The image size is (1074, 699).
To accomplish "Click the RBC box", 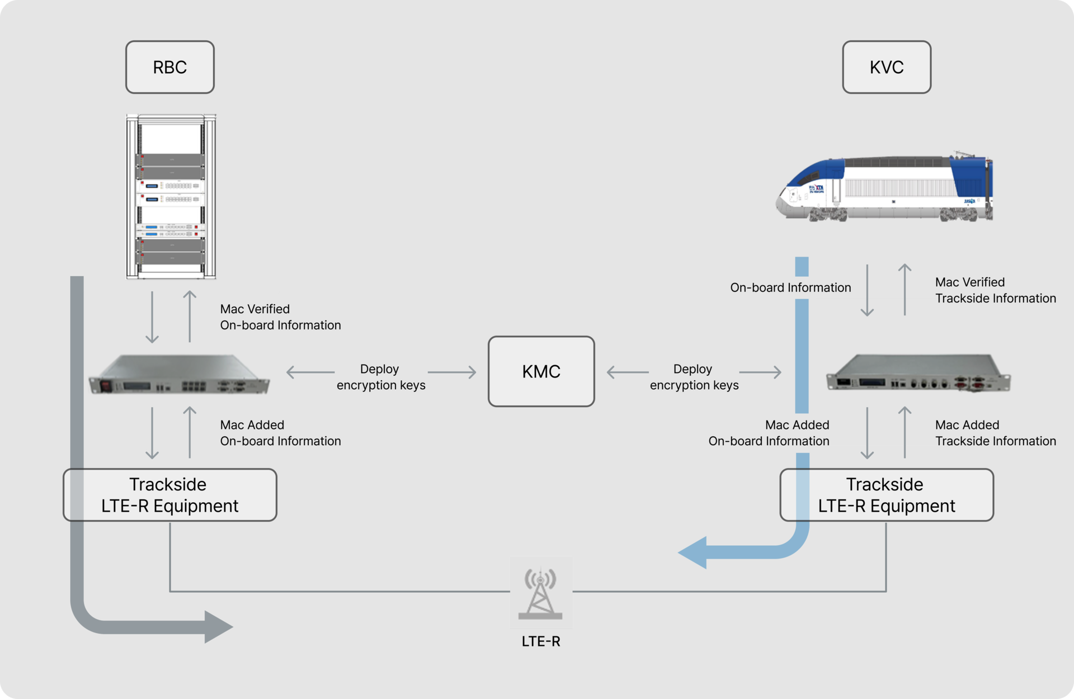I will click(169, 67).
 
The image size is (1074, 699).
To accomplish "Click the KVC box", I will click(887, 67).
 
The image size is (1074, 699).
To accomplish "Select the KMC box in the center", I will click(541, 371).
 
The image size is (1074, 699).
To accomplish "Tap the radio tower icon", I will click(541, 592).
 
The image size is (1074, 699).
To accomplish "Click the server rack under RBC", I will click(171, 197).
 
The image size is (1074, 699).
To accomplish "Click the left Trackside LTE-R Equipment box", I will click(169, 495).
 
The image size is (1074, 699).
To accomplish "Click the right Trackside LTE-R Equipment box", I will click(887, 495).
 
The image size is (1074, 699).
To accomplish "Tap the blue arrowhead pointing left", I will click(694, 552).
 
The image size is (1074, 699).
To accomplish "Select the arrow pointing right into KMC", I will click(452, 372).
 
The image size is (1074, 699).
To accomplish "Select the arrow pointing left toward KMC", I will click(628, 372).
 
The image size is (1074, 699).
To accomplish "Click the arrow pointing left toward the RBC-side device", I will click(310, 372).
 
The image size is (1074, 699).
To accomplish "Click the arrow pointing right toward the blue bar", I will click(760, 372).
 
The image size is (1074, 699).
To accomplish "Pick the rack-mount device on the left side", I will click(179, 375).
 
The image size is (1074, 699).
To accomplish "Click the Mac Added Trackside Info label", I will click(973, 433).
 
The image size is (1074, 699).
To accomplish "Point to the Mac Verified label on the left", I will click(249, 309).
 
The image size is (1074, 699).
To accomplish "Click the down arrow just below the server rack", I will click(152, 317).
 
